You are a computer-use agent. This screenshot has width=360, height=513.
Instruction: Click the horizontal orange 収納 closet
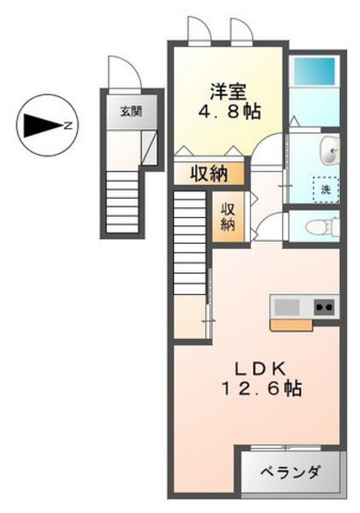[x=210, y=172]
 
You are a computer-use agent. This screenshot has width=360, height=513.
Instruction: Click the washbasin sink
[x=329, y=150]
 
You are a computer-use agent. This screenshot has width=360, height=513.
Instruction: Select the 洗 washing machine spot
[x=324, y=189]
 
